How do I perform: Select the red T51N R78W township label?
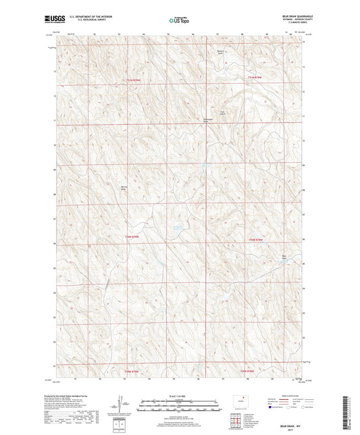[253, 79]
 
